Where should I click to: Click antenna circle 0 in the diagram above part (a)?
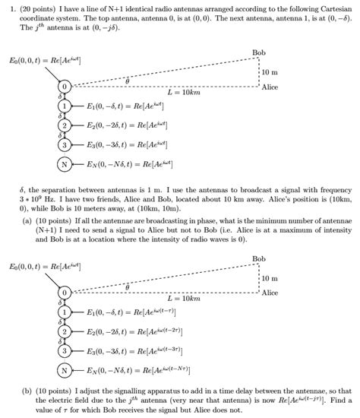click(65, 89)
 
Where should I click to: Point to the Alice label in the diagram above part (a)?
click(270, 87)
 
